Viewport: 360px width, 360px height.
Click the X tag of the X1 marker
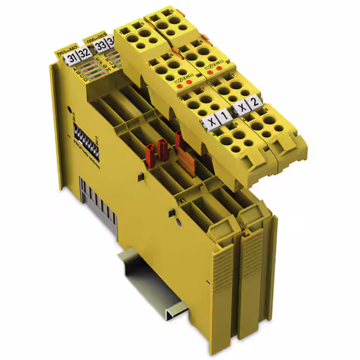tap(211, 120)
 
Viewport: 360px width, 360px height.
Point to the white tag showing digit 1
tap(223, 115)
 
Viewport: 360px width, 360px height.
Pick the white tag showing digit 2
tap(255, 101)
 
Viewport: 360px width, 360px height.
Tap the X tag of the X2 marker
tap(242, 107)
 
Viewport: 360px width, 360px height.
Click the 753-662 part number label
tap(67, 49)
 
